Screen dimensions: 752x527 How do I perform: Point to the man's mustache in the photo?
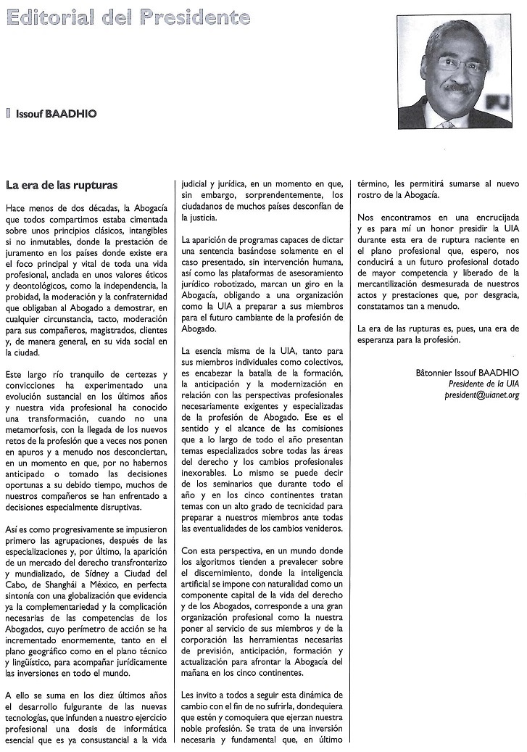coord(460,86)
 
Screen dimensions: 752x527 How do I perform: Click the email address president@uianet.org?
coord(482,395)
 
